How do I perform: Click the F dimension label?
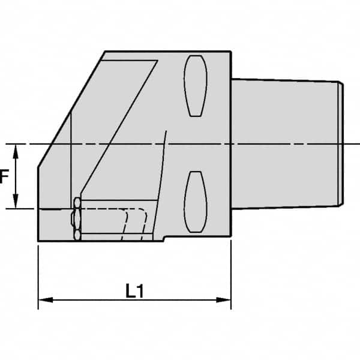point(4,177)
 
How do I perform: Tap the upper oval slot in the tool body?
point(196,85)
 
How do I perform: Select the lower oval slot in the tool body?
point(196,201)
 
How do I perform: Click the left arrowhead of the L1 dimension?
point(43,299)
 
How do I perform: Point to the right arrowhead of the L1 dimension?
point(226,299)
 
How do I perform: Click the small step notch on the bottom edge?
point(163,239)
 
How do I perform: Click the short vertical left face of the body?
point(38,204)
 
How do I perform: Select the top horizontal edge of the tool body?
point(168,52)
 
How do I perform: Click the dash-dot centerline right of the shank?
point(353,144)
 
